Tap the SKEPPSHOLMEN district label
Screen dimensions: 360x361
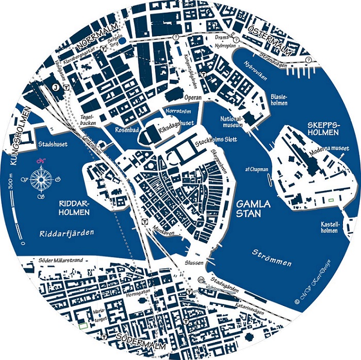tap(323, 129)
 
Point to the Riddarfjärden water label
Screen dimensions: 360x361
tap(67, 233)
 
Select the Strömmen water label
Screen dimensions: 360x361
tap(272, 258)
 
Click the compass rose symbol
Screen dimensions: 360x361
tap(40, 179)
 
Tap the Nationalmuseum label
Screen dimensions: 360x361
tap(232, 122)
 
